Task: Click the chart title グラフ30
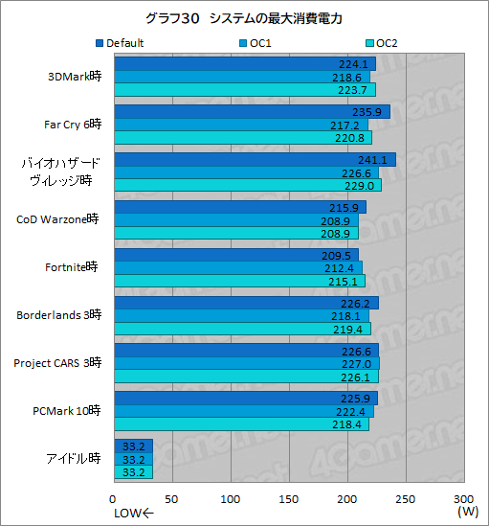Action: click(244, 19)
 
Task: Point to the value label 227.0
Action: click(354, 364)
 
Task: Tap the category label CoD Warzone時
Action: click(57, 219)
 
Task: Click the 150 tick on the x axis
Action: click(289, 499)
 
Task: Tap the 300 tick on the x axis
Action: click(463, 499)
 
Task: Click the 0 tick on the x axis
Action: click(114, 499)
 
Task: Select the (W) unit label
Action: click(467, 513)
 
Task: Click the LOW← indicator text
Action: click(133, 514)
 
